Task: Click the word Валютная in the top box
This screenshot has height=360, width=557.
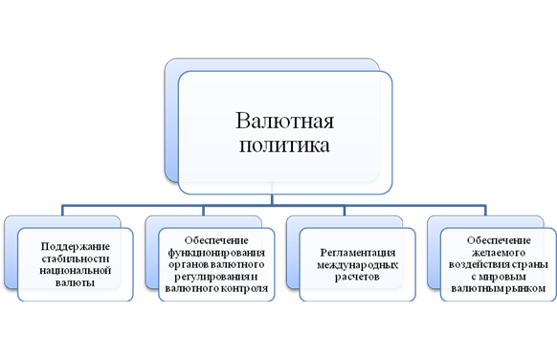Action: pyautogui.click(x=284, y=121)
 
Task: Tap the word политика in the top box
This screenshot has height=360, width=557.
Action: pyautogui.click(x=284, y=146)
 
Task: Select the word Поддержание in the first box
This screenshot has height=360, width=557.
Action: pyautogui.click(x=76, y=247)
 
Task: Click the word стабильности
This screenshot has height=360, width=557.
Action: pyautogui.click(x=76, y=259)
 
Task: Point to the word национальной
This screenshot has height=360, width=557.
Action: pyautogui.click(x=76, y=271)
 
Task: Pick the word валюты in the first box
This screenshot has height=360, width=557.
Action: pyautogui.click(x=75, y=282)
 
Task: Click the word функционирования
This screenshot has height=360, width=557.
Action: pyautogui.click(x=216, y=253)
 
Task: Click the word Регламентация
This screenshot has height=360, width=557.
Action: pyautogui.click(x=358, y=253)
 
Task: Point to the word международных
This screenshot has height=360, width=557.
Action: pyautogui.click(x=358, y=265)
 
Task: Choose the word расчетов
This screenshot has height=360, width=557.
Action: pyautogui.click(x=357, y=278)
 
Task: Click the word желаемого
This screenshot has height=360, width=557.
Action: pyautogui.click(x=499, y=253)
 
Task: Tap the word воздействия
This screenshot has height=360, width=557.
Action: pyautogui.click(x=476, y=265)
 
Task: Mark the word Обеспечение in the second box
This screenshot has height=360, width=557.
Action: pyautogui.click(x=216, y=240)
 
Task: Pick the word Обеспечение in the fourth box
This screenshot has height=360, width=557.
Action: pyautogui.click(x=499, y=240)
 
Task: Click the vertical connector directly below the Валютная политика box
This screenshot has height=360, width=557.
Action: pyautogui.click(x=272, y=199)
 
